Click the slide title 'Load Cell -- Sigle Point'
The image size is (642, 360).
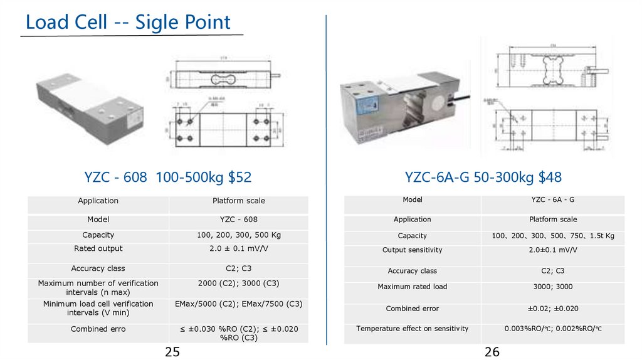click(128, 23)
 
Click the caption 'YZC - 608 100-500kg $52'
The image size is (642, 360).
click(168, 177)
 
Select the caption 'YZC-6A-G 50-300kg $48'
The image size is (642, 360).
click(483, 177)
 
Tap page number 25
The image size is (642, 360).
click(172, 352)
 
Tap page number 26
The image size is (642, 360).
click(492, 352)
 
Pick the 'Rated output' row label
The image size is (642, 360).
click(98, 249)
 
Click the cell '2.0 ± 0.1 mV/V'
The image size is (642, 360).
click(238, 249)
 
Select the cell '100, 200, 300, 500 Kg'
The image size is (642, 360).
click(238, 235)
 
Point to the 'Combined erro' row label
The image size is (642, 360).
click(98, 329)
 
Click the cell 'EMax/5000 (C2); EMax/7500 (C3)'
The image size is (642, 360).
click(238, 304)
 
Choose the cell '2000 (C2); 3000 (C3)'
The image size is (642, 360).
click(238, 283)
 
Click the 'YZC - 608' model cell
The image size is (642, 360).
click(238, 220)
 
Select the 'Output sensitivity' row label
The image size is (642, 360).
click(412, 250)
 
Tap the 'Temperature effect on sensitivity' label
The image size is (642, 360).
click(412, 329)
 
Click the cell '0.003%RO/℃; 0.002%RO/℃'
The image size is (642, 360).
click(552, 329)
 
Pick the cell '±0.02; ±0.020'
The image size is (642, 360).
click(552, 309)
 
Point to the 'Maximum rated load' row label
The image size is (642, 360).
click(412, 287)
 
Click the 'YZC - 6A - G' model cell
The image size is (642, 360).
click(552, 200)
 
